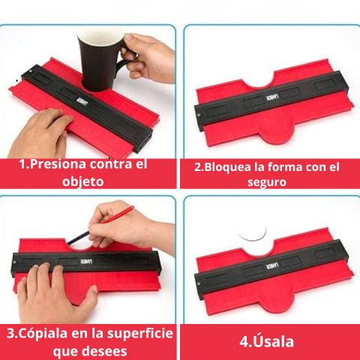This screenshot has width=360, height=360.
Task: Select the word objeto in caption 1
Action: [x=83, y=181]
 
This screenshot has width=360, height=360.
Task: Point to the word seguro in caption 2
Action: [x=267, y=182]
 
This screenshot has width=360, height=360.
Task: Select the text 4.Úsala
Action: [x=266, y=341]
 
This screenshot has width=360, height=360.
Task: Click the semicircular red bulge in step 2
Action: [x=276, y=133]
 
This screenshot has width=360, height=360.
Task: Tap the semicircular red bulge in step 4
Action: [x=276, y=301]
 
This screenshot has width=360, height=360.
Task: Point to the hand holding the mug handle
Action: [x=148, y=58]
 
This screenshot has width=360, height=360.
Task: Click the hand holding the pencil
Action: [x=130, y=226]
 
